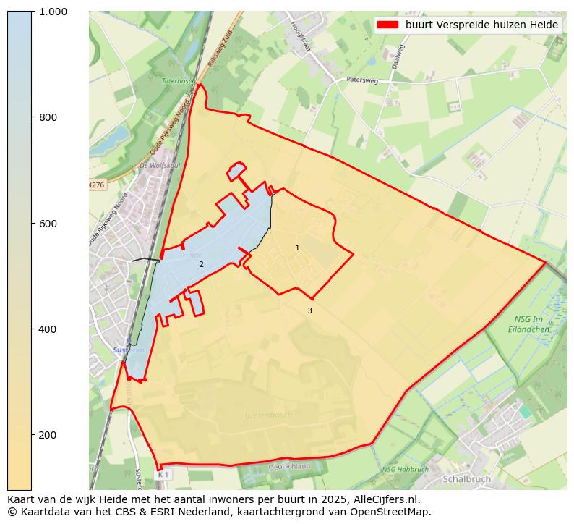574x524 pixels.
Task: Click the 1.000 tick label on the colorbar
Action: (x=53, y=12)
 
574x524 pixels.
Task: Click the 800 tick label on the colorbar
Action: (x=48, y=117)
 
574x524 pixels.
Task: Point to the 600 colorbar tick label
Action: (x=48, y=223)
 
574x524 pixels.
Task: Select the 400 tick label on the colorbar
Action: (x=48, y=329)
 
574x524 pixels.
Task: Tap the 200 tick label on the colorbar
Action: (x=48, y=435)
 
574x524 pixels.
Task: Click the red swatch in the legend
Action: (x=387, y=25)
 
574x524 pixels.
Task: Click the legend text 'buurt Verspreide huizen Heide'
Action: (x=481, y=25)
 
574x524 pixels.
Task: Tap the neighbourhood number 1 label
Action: (x=297, y=248)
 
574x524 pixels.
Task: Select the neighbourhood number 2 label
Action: (x=201, y=265)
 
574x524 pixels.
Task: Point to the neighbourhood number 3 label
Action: (x=309, y=311)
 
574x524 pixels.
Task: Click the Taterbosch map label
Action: (x=179, y=82)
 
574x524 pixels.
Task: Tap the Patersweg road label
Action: (x=361, y=80)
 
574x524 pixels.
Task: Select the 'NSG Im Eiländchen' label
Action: (x=531, y=324)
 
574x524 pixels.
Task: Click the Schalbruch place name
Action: (x=466, y=479)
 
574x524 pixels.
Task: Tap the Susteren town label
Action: (x=129, y=350)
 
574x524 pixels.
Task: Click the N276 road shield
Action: (x=96, y=185)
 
